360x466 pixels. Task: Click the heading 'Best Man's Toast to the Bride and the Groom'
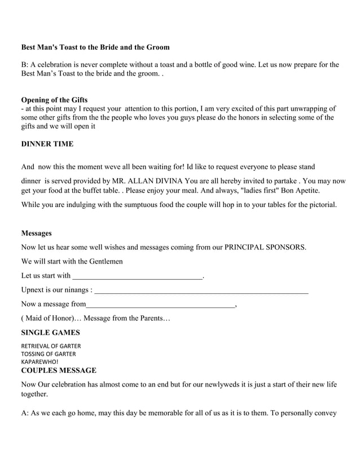95,47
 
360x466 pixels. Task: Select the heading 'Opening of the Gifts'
54,100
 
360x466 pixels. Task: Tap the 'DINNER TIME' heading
47,144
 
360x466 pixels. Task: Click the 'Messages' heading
36,232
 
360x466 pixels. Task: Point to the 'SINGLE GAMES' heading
50,332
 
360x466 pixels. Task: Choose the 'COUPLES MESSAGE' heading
58,371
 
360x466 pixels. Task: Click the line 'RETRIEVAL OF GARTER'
50,345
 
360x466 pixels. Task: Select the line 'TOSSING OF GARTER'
48,354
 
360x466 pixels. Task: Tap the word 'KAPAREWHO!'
39,362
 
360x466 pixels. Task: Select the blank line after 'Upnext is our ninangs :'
201,291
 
